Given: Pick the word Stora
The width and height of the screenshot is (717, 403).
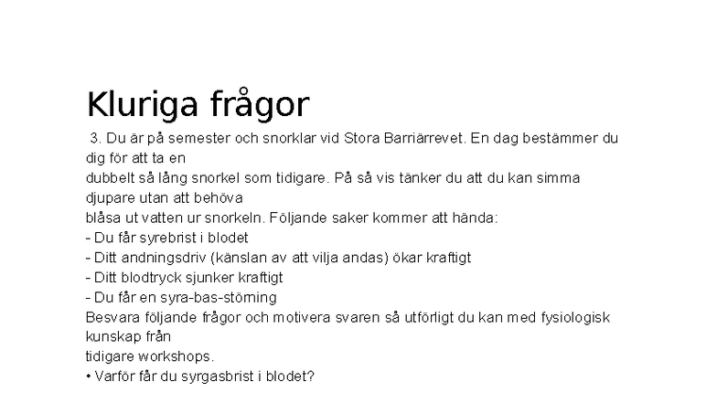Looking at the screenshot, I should (x=362, y=139).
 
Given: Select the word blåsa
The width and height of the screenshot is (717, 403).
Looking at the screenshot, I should (x=102, y=217).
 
